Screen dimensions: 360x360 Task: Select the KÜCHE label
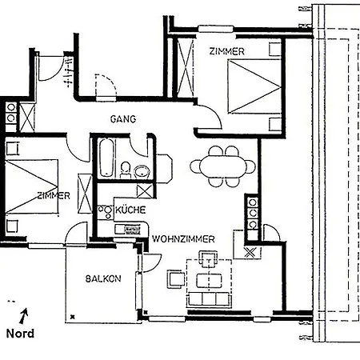tap(130, 210)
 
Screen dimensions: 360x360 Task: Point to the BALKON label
tap(103, 278)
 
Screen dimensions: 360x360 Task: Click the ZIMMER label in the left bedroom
tap(53, 195)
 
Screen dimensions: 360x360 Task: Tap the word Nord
tap(20, 334)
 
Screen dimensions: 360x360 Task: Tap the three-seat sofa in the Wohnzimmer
tap(210, 299)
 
